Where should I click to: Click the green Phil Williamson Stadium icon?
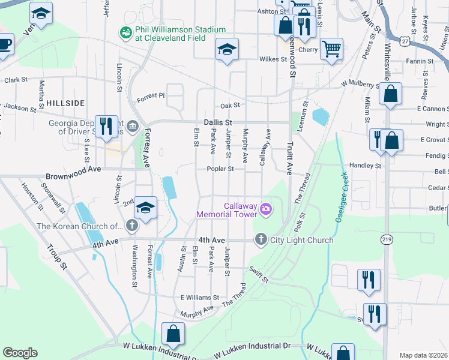click(x=125, y=33)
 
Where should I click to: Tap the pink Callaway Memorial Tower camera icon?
click(x=265, y=209)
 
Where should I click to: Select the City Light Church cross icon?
click(x=261, y=240)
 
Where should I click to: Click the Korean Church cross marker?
click(x=131, y=226)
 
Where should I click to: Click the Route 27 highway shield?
click(x=390, y=41)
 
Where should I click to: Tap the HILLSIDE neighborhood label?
click(x=65, y=103)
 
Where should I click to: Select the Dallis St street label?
click(x=217, y=122)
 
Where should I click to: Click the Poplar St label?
click(x=221, y=169)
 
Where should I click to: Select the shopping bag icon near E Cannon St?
click(x=390, y=94)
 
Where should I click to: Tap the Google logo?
click(x=20, y=353)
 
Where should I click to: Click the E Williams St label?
click(x=200, y=298)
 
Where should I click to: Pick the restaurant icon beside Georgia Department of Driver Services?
click(x=106, y=126)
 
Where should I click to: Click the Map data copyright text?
click(x=423, y=355)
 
